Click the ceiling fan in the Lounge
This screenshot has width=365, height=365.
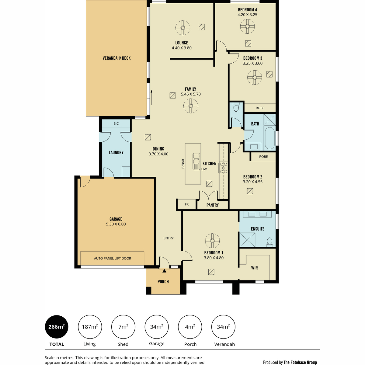[x=182, y=28]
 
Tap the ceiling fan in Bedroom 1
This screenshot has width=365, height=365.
[x=212, y=241]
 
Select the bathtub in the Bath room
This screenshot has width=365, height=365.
[x=269, y=138]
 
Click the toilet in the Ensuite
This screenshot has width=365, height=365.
[x=269, y=242]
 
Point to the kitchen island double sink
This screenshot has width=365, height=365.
[x=196, y=162]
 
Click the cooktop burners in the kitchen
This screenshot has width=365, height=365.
[x=223, y=168]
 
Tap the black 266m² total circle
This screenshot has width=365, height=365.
[x=57, y=327]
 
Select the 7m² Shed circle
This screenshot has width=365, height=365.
[x=123, y=327]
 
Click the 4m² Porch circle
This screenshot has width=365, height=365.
[x=190, y=327]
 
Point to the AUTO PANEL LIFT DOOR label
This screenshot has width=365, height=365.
[x=113, y=258]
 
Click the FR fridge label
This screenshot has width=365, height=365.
[x=186, y=204]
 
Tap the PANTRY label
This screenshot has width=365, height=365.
[x=213, y=205]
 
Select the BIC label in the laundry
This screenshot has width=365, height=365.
[x=116, y=123]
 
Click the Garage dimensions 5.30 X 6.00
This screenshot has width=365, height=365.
[x=116, y=224]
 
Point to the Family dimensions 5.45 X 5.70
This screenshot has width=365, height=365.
[x=190, y=94]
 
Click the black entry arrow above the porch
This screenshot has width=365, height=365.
[x=164, y=271]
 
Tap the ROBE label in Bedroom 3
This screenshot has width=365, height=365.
[x=260, y=108]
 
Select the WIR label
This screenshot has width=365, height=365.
[x=254, y=268]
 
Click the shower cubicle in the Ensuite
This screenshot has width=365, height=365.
[x=247, y=240]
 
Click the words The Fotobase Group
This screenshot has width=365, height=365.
[x=300, y=357]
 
